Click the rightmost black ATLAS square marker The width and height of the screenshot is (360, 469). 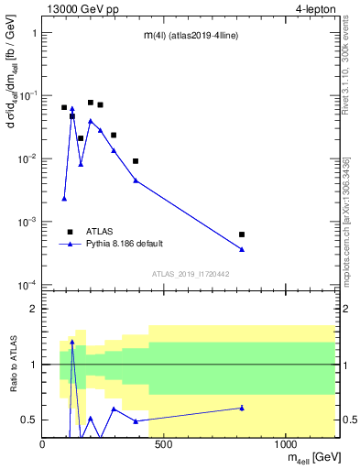[242, 234]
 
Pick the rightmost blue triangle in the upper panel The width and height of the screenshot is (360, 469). [242, 249]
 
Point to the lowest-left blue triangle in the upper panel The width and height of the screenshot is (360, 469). [64, 198]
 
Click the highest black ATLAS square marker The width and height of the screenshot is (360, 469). [91, 103]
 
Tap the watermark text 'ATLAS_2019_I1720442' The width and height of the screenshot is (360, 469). [191, 274]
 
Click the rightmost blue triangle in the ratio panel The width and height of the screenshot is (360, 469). [242, 408]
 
